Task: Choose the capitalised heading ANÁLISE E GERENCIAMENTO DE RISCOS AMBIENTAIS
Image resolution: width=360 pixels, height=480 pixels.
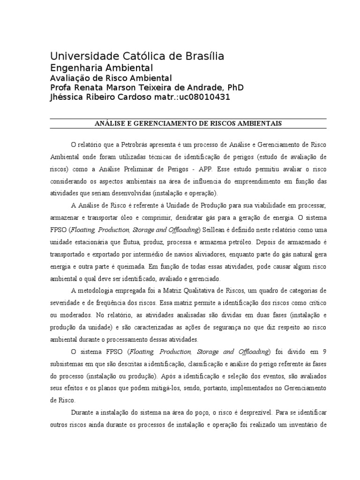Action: click(x=188, y=124)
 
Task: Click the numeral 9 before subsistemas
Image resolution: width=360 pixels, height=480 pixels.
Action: click(x=325, y=352)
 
